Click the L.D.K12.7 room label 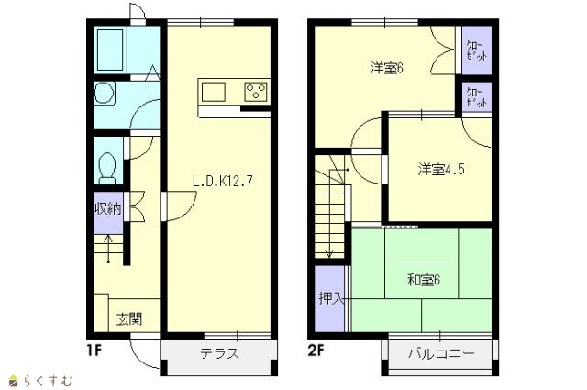pyautogui.click(x=223, y=181)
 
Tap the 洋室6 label pyautogui.click(x=386, y=69)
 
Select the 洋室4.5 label pyautogui.click(x=441, y=170)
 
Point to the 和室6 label pyautogui.click(x=424, y=280)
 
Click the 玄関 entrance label pyautogui.click(x=129, y=318)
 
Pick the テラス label pyautogui.click(x=219, y=353)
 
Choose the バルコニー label pyautogui.click(x=441, y=353)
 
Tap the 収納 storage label pyautogui.click(x=108, y=208)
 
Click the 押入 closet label pyautogui.click(x=330, y=298)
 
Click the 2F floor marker pyautogui.click(x=316, y=351)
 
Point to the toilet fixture pyautogui.click(x=108, y=168)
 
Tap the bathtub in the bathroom pyautogui.click(x=110, y=50)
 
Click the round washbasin pyautogui.click(x=104, y=93)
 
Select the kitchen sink pyautogui.click(x=214, y=92)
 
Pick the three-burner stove pyautogui.click(x=256, y=92)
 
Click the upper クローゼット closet pyautogui.click(x=477, y=50)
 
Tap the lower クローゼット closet pyautogui.click(x=477, y=96)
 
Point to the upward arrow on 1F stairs pyautogui.click(x=108, y=249)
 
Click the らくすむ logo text pyautogui.click(x=40, y=381)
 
